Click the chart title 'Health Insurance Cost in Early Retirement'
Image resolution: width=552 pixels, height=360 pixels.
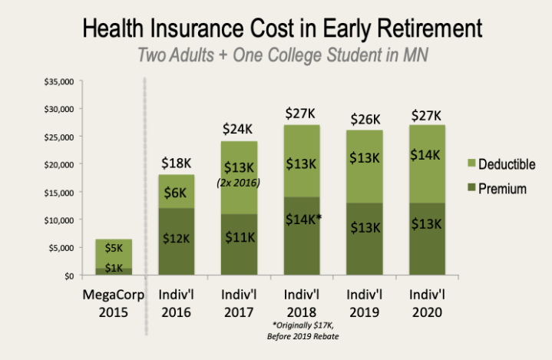click(282, 28)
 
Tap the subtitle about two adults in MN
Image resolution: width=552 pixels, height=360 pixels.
click(282, 57)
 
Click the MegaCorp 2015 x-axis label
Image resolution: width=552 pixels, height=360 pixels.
click(114, 302)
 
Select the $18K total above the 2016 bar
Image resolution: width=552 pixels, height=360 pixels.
click(176, 163)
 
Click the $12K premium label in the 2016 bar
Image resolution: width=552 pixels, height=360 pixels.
click(176, 239)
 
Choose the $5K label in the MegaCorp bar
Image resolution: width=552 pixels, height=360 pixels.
click(114, 248)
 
